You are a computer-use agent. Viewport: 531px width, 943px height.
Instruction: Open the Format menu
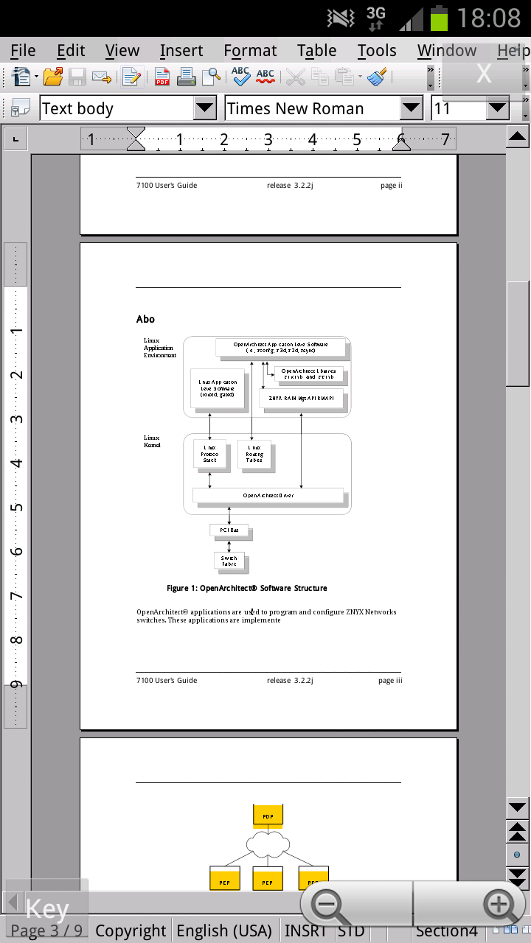pyautogui.click(x=250, y=51)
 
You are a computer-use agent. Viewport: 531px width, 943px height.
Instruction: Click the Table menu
pyautogui.click(x=316, y=51)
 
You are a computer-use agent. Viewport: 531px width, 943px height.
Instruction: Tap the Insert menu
pyautogui.click(x=181, y=51)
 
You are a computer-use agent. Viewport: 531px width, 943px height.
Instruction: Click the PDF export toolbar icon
pyautogui.click(x=162, y=76)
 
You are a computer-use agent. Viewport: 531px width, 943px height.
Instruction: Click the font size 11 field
pyautogui.click(x=458, y=109)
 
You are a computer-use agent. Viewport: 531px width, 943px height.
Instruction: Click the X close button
pyautogui.click(x=484, y=73)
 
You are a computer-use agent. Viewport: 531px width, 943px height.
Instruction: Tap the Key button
pyautogui.click(x=46, y=910)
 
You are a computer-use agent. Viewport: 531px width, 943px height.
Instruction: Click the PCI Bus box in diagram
pyautogui.click(x=229, y=530)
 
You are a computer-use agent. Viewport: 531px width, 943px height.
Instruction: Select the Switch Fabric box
pyautogui.click(x=229, y=561)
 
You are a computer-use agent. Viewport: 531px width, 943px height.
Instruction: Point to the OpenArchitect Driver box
pyautogui.click(x=268, y=496)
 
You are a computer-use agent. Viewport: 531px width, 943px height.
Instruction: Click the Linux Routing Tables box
pyautogui.click(x=254, y=454)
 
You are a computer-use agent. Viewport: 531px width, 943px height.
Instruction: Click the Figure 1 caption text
pyautogui.click(x=246, y=589)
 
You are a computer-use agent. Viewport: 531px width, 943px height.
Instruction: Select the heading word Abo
pyautogui.click(x=145, y=319)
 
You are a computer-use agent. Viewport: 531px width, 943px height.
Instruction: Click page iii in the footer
pyautogui.click(x=390, y=681)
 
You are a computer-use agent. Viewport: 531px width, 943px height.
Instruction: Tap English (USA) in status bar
pyautogui.click(x=224, y=931)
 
